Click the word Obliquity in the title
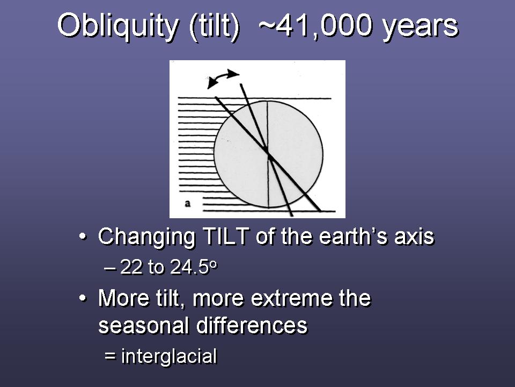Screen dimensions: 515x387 (x=117, y=26)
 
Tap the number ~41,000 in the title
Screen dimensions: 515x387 (x=315, y=26)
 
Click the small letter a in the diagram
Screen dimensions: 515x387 (x=188, y=203)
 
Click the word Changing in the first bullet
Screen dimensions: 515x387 (x=147, y=238)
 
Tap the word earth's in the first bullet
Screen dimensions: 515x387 (x=354, y=236)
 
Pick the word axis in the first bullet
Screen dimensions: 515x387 (x=414, y=237)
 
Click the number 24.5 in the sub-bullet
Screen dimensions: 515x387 (x=189, y=267)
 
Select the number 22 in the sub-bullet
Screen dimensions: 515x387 (x=131, y=267)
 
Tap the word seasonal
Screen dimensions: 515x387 (x=144, y=326)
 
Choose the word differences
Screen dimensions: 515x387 (x=252, y=326)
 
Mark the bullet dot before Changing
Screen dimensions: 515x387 (x=83, y=237)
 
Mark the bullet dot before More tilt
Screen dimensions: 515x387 (x=83, y=298)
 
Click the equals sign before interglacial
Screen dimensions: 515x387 (x=110, y=356)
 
